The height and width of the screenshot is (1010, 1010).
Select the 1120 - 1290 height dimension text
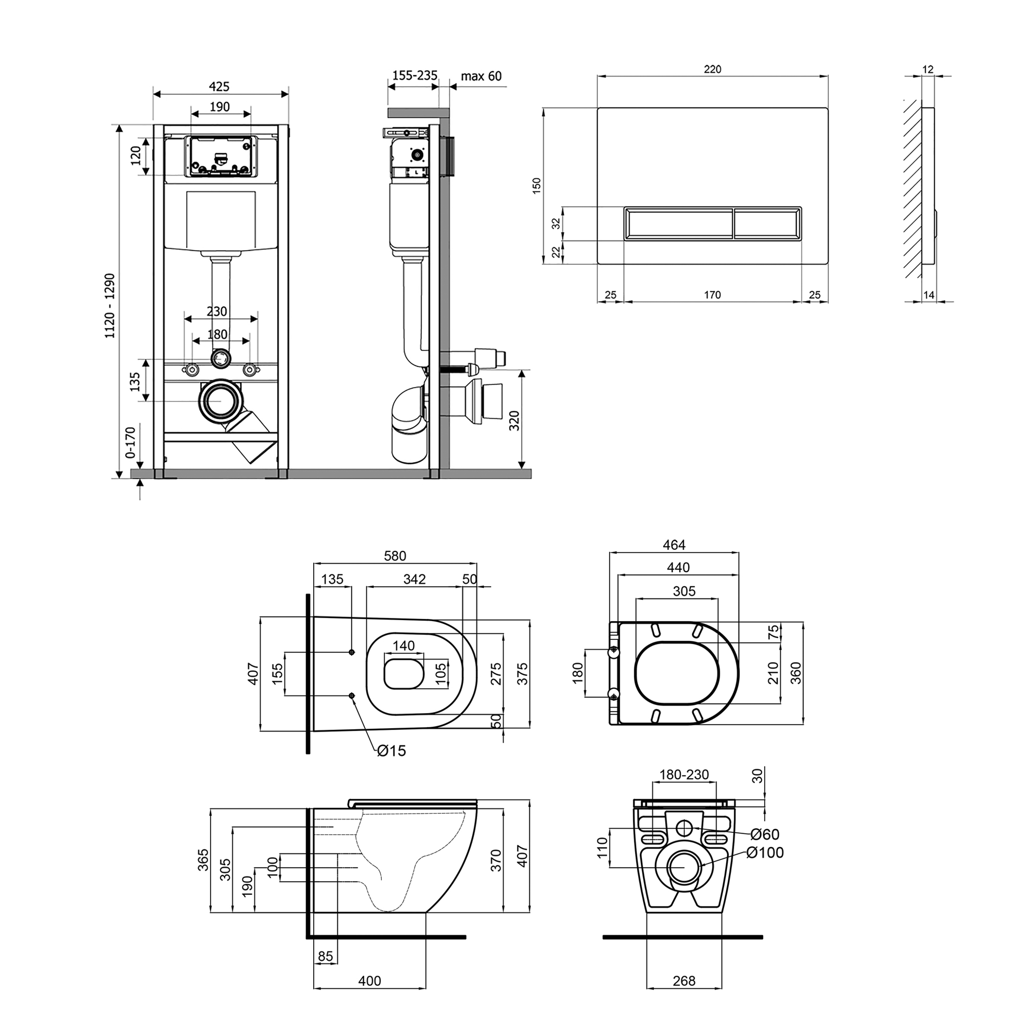[x=110, y=306]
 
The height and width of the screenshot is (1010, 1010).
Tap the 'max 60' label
[x=481, y=76]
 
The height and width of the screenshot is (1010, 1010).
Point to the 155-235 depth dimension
[x=415, y=75]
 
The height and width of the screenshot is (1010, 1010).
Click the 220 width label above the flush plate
[x=713, y=69]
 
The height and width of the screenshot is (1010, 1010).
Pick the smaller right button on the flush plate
[x=767, y=224]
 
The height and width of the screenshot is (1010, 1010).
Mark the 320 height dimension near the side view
[x=515, y=421]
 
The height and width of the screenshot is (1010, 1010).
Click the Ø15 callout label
[x=391, y=751]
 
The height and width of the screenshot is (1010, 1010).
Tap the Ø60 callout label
[x=765, y=835]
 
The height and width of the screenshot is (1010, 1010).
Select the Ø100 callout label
[x=765, y=852]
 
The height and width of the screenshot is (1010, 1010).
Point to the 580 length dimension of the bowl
[x=395, y=555]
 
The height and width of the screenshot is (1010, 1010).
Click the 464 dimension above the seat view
[x=674, y=545]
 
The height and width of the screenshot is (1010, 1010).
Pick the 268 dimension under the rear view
[x=684, y=981]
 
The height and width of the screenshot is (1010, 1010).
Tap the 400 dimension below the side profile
[x=370, y=981]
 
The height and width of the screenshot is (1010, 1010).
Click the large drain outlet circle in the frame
[x=220, y=400]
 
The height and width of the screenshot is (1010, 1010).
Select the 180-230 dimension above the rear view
[x=684, y=789]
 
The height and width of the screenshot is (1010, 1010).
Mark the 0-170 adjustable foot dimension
[x=131, y=442]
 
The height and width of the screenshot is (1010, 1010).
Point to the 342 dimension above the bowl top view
[x=415, y=579]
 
